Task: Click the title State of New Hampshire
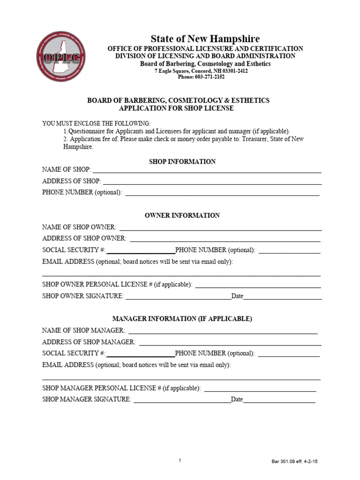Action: tap(205, 38)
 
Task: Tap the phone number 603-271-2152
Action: tap(201, 77)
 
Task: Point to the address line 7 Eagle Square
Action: tap(201, 71)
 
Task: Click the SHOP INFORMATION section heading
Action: tap(182, 161)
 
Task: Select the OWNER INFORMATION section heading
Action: tap(182, 215)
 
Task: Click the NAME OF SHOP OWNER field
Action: tap(220, 228)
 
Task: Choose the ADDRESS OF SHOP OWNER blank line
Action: tap(225, 239)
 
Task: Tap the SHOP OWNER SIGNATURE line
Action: tap(178, 297)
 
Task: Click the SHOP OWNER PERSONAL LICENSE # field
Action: tap(258, 285)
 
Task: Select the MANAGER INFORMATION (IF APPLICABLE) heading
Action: tap(182, 318)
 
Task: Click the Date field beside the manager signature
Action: tap(279, 400)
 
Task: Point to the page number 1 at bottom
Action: tap(180, 460)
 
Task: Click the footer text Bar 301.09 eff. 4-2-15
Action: tap(294, 461)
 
